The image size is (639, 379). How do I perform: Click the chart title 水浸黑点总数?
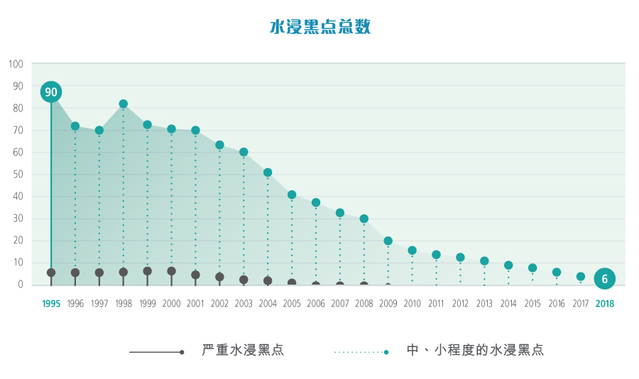(319, 27)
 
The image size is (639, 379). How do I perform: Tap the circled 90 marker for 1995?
(51, 92)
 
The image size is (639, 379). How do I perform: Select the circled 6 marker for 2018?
(604, 279)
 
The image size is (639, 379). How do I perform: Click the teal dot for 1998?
(124, 104)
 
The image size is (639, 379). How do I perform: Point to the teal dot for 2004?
(268, 172)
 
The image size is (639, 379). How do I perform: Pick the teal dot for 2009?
(388, 241)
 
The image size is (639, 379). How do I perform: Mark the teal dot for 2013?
(484, 261)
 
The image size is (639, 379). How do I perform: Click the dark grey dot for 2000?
(171, 271)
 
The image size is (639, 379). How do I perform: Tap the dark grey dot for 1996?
(75, 273)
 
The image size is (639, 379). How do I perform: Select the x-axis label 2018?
(605, 304)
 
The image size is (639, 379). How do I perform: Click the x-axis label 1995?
(51, 304)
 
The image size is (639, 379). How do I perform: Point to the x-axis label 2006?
(316, 304)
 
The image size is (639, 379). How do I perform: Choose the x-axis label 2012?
(460, 304)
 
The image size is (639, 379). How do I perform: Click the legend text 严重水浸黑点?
(243, 351)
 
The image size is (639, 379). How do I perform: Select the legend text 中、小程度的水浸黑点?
(475, 351)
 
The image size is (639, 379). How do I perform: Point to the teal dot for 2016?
(557, 273)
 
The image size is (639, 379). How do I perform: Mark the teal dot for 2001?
(195, 131)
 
